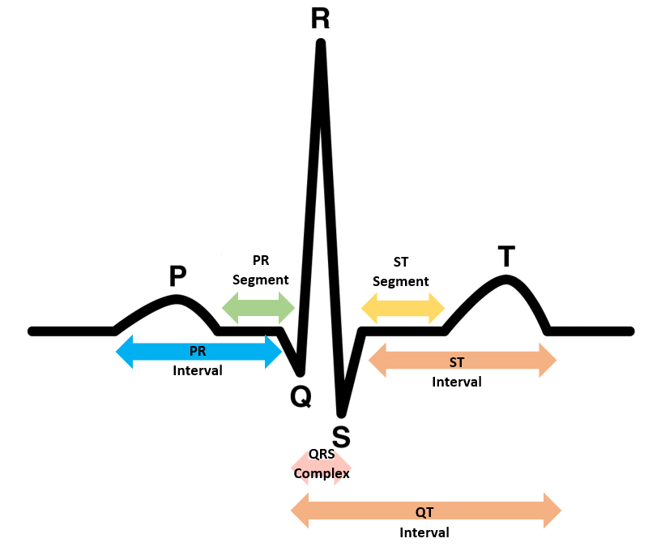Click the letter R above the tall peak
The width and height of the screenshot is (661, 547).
[x=320, y=19]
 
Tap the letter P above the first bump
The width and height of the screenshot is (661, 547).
[x=177, y=277]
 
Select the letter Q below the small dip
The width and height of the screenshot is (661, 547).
[x=301, y=396]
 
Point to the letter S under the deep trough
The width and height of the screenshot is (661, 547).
[x=341, y=437]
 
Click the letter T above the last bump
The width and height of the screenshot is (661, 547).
[x=505, y=257]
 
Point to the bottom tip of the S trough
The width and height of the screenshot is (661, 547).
[x=342, y=414]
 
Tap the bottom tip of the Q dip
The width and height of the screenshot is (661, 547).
[x=301, y=373]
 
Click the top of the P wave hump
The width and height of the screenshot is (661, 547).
[x=177, y=299]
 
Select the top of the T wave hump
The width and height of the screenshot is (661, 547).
[x=506, y=280]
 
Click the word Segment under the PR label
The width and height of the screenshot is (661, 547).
[x=260, y=280]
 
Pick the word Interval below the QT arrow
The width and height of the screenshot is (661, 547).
[x=424, y=532]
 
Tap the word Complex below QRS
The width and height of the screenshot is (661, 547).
[x=322, y=473]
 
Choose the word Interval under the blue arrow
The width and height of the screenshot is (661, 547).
[x=198, y=370]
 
